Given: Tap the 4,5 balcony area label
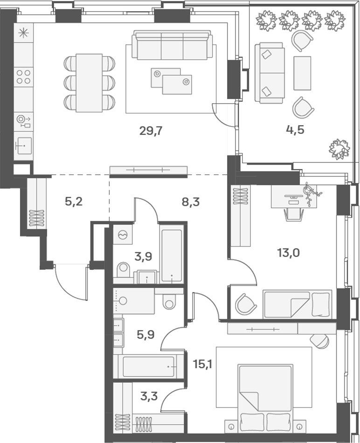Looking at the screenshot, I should tap(295, 129).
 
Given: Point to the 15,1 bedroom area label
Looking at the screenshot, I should tap(202, 363).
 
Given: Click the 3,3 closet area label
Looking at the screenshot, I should tap(149, 397).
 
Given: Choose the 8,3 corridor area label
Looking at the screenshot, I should tap(191, 202).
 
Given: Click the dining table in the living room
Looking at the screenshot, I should tap(89, 83).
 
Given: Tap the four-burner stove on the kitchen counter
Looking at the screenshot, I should tap(24, 77).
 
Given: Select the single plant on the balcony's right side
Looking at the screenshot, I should tap(339, 148).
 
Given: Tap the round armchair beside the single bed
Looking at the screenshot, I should tap(246, 304).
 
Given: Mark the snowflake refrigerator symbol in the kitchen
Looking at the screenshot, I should tap(23, 34).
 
